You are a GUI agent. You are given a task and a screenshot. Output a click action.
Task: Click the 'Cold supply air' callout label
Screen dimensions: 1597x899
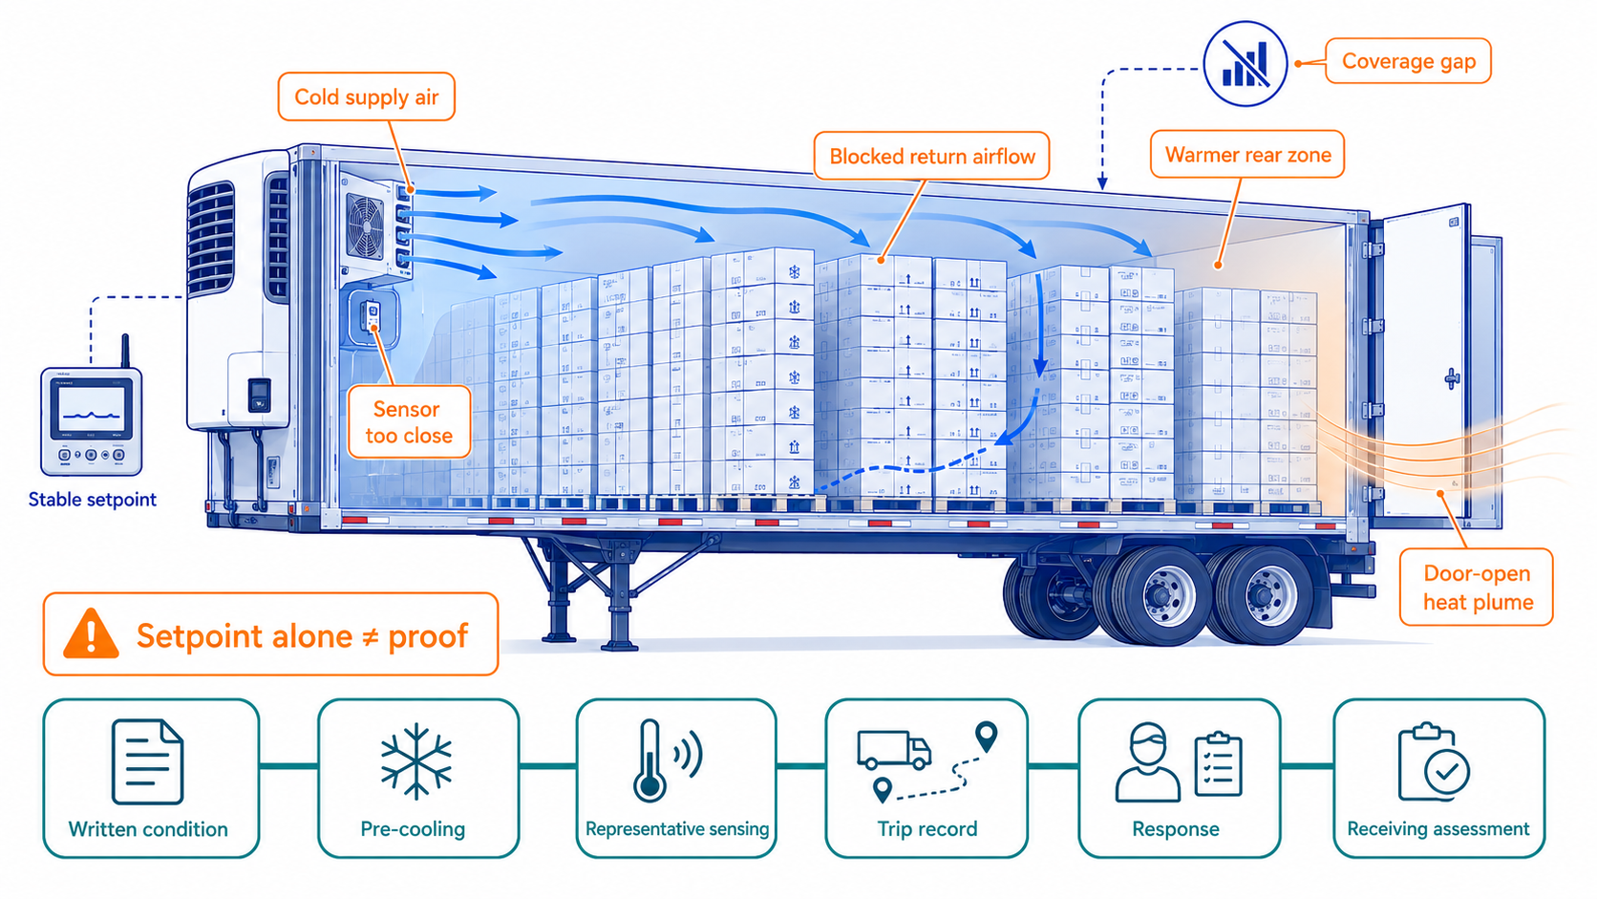[x=367, y=96]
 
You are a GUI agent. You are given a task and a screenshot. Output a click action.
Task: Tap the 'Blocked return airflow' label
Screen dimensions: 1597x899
[x=932, y=156]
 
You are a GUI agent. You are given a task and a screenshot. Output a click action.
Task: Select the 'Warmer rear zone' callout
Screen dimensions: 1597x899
[x=1247, y=154]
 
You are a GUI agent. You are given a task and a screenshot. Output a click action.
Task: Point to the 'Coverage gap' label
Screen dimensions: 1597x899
[x=1408, y=60]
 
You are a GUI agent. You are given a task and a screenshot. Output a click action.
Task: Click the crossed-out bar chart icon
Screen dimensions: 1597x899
[x=1246, y=63]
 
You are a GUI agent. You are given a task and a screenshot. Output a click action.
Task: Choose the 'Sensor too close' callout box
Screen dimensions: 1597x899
[x=409, y=422]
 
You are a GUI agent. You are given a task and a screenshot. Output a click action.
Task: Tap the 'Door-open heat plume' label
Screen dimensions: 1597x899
[x=1478, y=588]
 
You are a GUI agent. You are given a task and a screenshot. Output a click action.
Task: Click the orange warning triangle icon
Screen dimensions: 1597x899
[x=91, y=633]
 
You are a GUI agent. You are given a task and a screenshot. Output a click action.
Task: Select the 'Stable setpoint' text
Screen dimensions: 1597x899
[x=92, y=499]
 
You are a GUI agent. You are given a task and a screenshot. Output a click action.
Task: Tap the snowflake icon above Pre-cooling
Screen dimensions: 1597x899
[x=416, y=761]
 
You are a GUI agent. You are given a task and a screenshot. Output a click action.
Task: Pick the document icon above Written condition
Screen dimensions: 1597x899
[x=148, y=761]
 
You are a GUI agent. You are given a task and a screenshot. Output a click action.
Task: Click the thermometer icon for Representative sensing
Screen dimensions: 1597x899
[x=649, y=760]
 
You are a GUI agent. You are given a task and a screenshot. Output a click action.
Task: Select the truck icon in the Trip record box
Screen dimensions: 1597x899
[x=894, y=750]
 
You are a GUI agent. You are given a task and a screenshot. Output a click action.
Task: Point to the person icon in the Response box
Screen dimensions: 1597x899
[x=1148, y=762]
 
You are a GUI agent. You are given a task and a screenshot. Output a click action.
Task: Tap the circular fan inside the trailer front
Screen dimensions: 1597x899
[x=365, y=226]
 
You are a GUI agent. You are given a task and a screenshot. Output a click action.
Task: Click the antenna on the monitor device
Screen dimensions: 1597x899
[x=125, y=351]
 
